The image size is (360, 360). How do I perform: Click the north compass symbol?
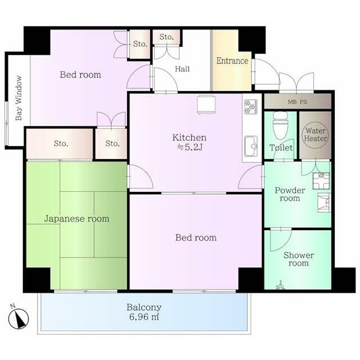19,318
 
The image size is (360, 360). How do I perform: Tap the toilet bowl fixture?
280,126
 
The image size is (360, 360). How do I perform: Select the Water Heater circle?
315,135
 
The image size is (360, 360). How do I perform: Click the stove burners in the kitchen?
250,107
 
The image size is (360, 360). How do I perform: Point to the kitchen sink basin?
251,146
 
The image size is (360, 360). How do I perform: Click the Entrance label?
232,61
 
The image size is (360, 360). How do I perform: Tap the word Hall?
182,69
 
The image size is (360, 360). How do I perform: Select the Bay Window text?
19,98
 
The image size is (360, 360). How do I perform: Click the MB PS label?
298,102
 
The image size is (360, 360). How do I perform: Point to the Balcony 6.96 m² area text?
144,312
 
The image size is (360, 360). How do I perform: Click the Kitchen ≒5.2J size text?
190,142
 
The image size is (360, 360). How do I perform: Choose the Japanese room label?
76,219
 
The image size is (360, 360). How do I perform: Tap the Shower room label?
299,259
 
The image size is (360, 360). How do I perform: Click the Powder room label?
290,194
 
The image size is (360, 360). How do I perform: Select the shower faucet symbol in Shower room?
280,286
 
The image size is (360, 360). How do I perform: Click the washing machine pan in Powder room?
321,181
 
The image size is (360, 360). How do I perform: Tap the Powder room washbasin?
324,202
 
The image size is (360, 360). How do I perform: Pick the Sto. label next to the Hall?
166,37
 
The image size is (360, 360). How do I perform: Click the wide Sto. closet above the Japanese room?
60,144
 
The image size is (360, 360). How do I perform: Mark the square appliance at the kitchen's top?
206,105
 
